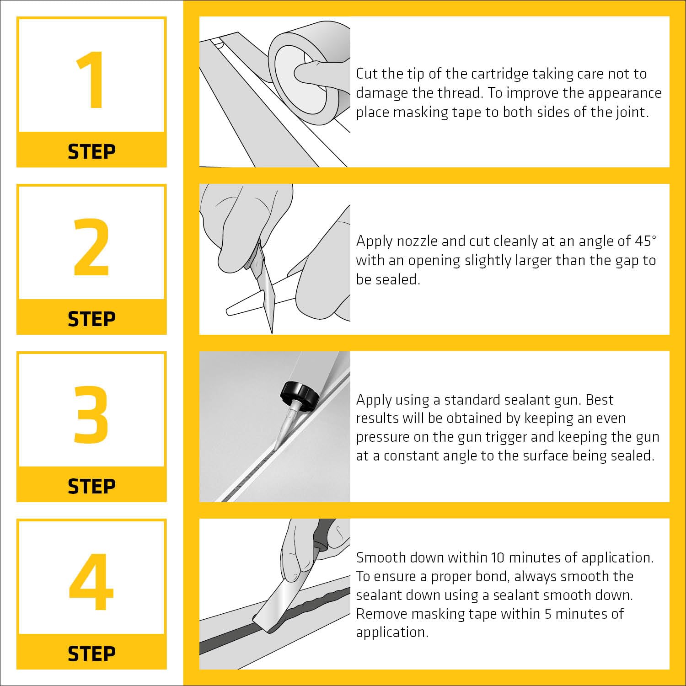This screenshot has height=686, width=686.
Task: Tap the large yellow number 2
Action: [x=91, y=247]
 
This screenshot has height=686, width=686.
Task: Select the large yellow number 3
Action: [x=91, y=414]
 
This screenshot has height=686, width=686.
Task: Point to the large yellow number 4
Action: [x=91, y=582]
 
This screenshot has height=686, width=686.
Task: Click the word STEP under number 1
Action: [x=91, y=151]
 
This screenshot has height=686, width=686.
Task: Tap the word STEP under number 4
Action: [x=91, y=654]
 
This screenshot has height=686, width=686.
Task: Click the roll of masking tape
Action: [x=309, y=73]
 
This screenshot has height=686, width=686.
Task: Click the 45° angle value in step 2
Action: [x=646, y=241]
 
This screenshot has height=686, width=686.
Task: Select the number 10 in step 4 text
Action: [x=498, y=557]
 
